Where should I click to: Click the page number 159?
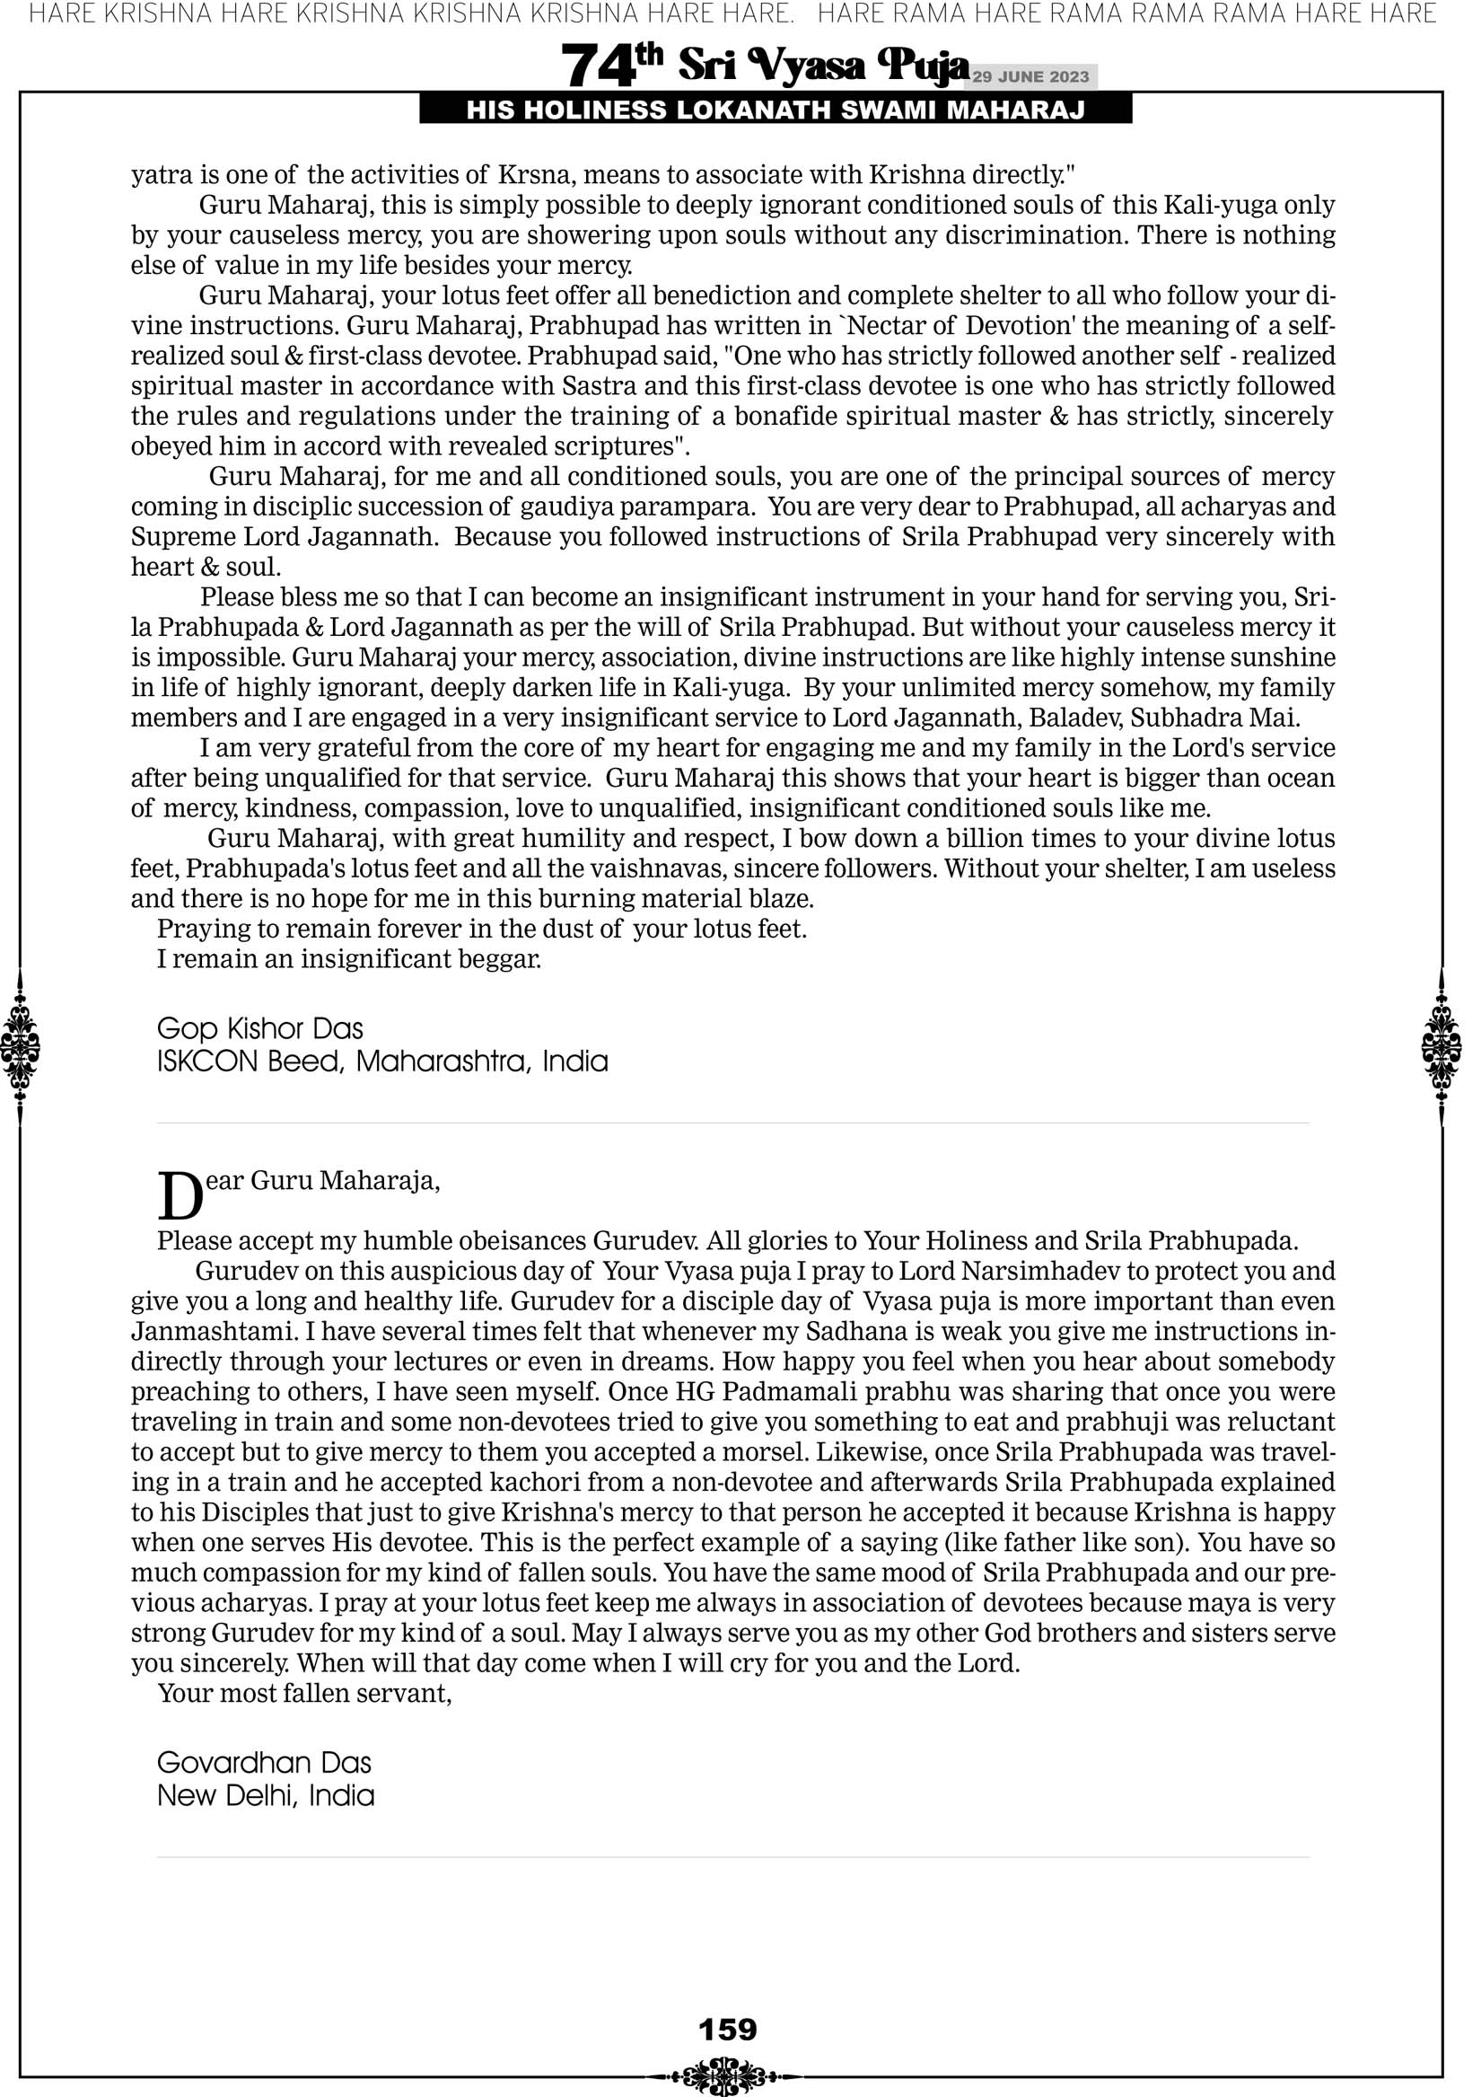(x=728, y=2030)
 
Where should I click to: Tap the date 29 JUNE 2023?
(x=1030, y=76)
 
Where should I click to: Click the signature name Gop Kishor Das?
(x=260, y=1028)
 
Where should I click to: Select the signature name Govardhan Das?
(x=264, y=1763)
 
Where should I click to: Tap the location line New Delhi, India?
(x=266, y=1795)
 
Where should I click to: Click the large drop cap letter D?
(x=180, y=1195)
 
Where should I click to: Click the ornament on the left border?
(x=19, y=1046)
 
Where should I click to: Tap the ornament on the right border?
(x=1442, y=1046)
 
